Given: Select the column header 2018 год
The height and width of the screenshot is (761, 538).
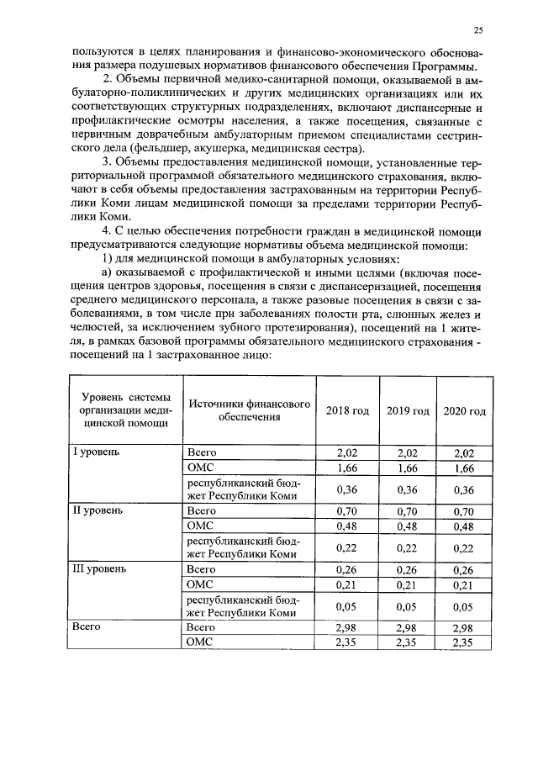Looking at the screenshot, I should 348,410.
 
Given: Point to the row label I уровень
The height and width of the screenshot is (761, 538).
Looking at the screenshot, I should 98,452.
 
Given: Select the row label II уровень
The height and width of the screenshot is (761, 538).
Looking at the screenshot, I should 99,510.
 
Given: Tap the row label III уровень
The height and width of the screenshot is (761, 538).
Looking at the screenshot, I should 101,569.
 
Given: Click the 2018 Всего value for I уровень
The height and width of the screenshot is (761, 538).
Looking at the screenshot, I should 348,452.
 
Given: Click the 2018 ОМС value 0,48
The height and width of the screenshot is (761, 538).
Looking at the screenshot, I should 348,526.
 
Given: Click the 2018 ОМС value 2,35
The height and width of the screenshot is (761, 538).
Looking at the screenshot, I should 348,643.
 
